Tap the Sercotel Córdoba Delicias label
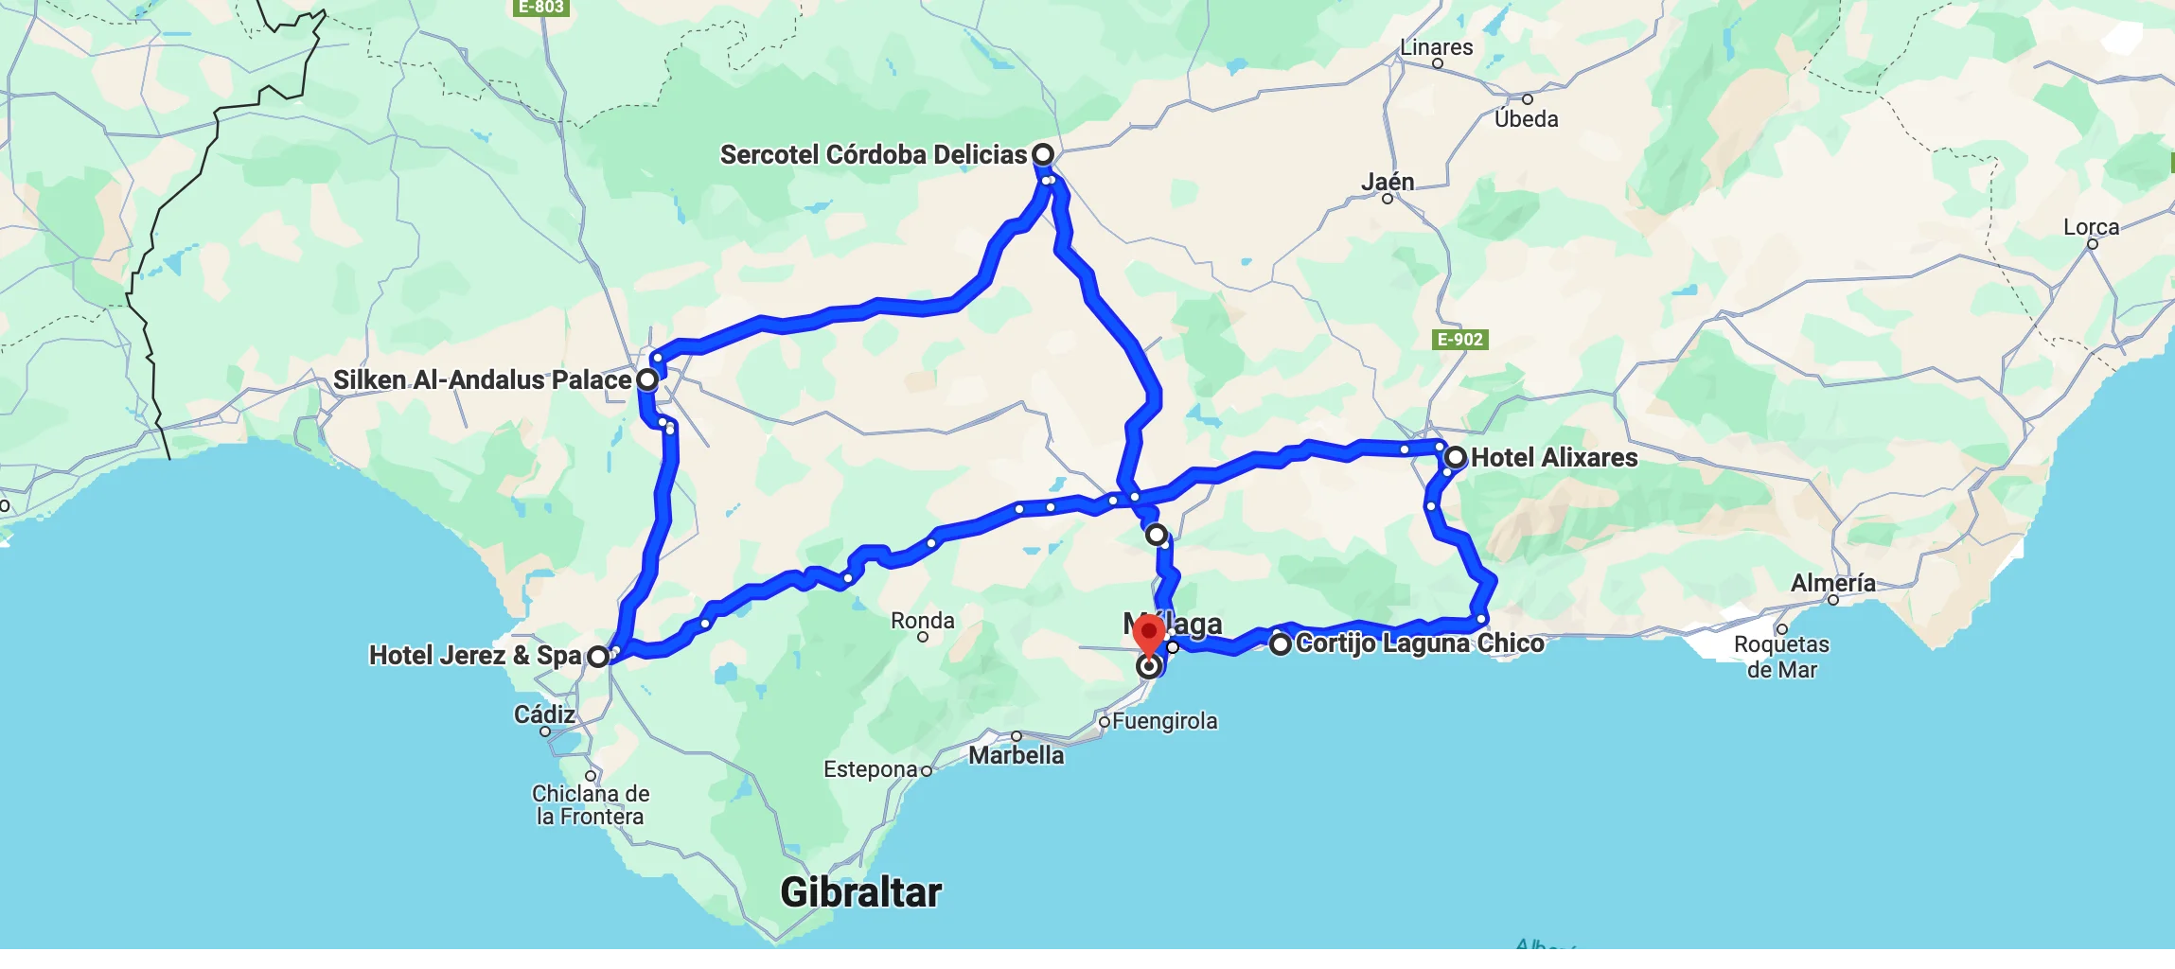(873, 154)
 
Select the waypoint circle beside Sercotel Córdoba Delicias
(1042, 154)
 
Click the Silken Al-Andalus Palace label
(482, 380)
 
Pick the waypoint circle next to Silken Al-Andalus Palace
(647, 379)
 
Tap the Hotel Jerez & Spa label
(474, 656)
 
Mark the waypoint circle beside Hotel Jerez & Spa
(598, 656)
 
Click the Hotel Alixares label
(1554, 458)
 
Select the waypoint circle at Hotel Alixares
(1456, 458)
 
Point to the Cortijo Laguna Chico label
(1420, 643)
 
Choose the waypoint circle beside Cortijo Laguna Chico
(1280, 644)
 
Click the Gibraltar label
(860, 892)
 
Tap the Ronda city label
(923, 621)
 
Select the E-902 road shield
(1460, 340)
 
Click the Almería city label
(1832, 583)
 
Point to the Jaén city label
(1388, 182)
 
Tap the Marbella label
(1016, 755)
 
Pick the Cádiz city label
(544, 714)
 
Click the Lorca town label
(2091, 227)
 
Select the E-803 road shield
(540, 8)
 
